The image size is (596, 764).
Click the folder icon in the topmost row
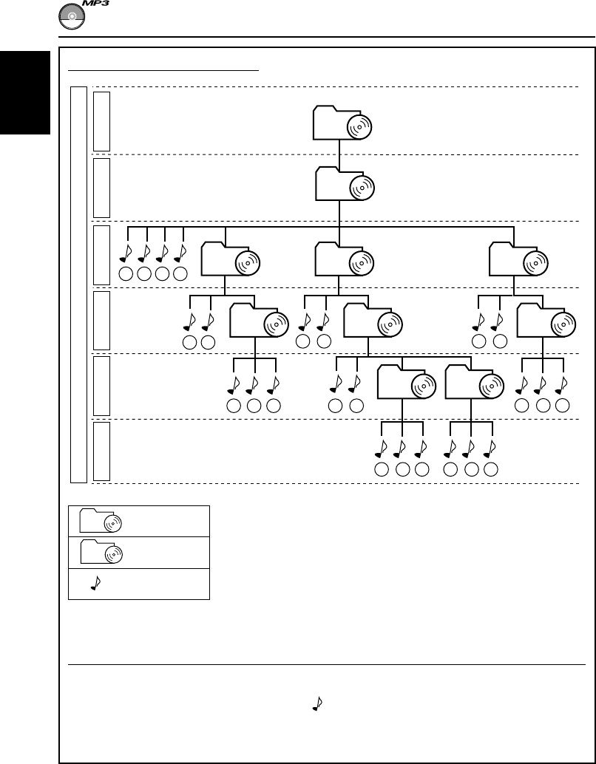click(341, 123)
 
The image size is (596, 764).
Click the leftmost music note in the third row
click(125, 252)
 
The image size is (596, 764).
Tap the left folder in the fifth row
click(404, 384)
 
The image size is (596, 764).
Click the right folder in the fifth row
click(473, 384)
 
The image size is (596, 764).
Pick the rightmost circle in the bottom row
click(490, 471)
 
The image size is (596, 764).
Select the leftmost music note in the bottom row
click(382, 448)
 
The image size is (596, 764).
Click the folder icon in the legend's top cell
click(101, 522)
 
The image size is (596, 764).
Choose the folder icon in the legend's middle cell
click(101, 553)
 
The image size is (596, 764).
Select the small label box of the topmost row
click(102, 120)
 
